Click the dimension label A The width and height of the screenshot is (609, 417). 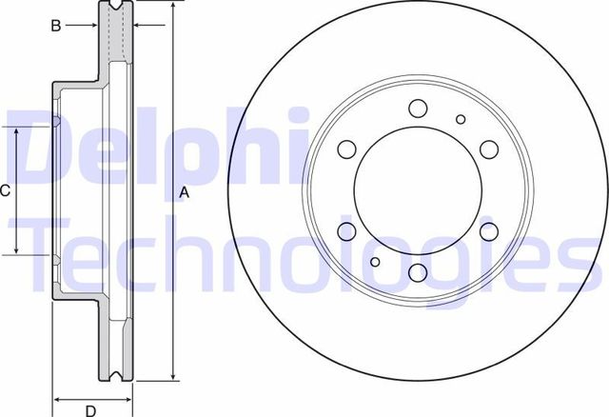click(186, 193)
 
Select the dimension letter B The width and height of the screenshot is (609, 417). click(56, 26)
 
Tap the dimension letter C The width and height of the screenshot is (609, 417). click(5, 191)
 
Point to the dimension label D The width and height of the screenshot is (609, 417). click(91, 411)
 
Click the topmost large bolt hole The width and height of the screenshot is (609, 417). click(418, 108)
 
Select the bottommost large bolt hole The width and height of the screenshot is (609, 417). click(418, 273)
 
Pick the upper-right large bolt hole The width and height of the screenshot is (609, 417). click(489, 149)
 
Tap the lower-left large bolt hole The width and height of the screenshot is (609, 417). click(346, 231)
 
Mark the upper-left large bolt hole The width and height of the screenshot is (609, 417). click(346, 149)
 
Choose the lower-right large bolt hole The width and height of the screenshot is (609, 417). click(489, 231)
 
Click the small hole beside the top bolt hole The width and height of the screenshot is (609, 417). click(462, 119)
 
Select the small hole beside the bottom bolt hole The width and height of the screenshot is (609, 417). click(375, 262)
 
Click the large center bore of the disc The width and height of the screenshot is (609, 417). click(418, 190)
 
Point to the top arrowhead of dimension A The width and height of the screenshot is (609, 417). click(173, 6)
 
